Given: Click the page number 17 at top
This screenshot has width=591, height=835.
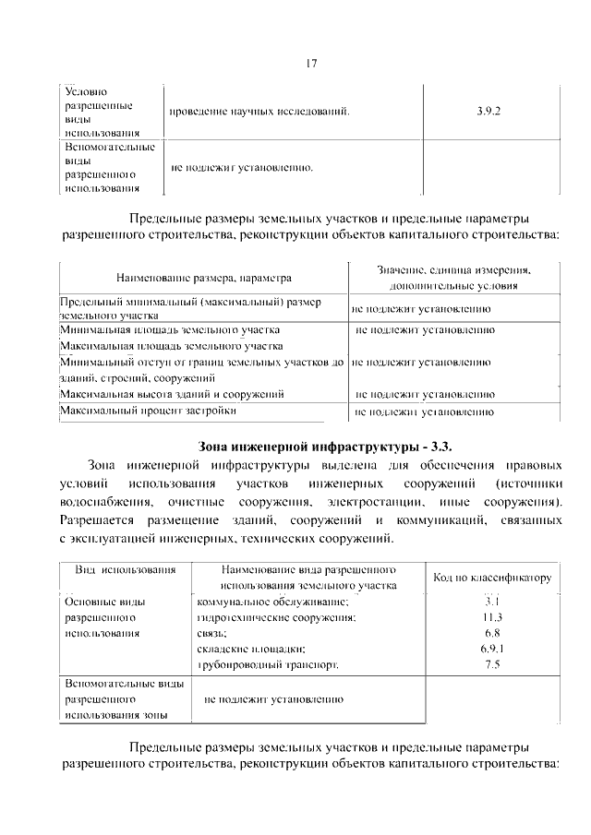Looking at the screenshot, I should pos(311,64).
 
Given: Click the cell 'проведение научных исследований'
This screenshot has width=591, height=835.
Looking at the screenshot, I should pos(260,112).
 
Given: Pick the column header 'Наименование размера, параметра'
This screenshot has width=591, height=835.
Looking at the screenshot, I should pos(204,277).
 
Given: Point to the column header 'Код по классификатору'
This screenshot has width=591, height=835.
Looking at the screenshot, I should pos(492,578).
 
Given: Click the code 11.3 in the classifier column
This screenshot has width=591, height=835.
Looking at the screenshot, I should pos(492,617).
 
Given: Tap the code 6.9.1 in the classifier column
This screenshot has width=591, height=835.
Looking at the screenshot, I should pos(492,649).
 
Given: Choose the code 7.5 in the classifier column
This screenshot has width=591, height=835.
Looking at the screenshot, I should pos(492,664).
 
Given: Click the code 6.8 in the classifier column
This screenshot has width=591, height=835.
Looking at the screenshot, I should pos(492,633).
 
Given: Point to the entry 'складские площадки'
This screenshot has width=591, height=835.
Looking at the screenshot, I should pos(251,649).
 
